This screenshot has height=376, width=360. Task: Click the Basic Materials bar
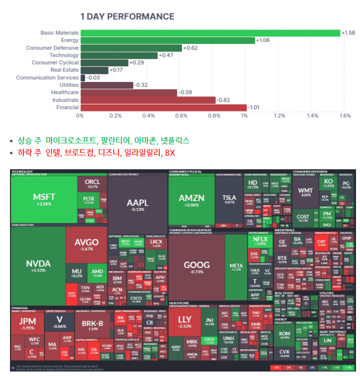click(210, 33)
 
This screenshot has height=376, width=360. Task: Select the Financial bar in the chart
click(163, 107)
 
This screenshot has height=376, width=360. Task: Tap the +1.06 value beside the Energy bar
click(263, 40)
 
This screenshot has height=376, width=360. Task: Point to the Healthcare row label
click(65, 92)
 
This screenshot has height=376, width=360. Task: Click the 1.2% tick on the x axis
click(279, 116)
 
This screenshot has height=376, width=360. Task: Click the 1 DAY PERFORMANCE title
click(127, 16)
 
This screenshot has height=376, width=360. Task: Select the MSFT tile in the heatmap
click(44, 199)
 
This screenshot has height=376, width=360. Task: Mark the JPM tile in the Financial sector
click(27, 325)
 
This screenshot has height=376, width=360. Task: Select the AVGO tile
click(86, 245)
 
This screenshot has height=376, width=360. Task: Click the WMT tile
click(305, 192)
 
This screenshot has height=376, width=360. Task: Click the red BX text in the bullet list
click(170, 152)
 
